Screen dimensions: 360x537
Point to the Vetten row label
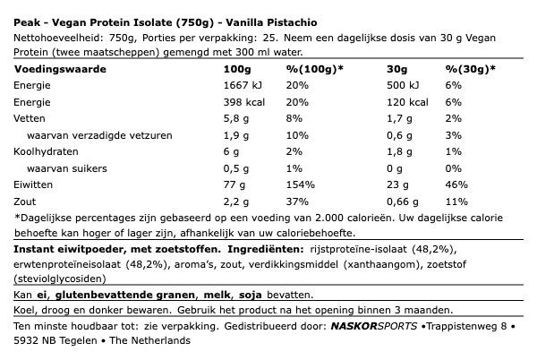click(x=29, y=117)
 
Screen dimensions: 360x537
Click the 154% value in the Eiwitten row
click(x=299, y=185)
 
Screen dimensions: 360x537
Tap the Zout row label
click(x=26, y=202)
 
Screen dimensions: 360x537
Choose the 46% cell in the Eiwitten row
click(x=456, y=185)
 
